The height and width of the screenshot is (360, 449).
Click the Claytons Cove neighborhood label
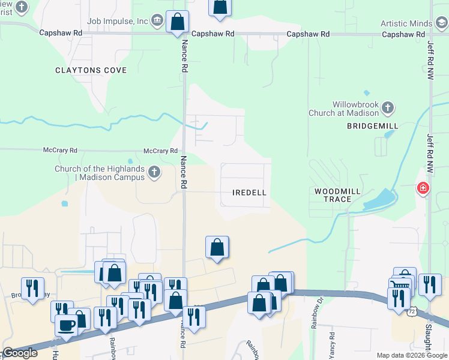91,70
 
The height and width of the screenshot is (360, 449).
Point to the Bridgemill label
368,126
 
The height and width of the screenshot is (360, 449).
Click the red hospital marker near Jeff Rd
424,188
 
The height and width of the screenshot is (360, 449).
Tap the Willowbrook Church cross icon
388,108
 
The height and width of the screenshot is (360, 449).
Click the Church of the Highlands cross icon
154,173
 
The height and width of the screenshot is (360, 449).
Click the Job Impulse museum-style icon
157,21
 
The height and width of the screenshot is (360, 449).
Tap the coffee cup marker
66,325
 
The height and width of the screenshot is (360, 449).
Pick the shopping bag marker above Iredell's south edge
217,247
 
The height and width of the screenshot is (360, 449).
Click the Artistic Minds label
406,23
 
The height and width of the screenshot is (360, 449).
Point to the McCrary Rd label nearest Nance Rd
160,151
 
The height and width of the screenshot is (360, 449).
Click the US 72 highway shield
411,311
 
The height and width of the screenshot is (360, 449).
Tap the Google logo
20,353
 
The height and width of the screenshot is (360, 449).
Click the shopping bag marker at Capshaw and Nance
177,22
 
